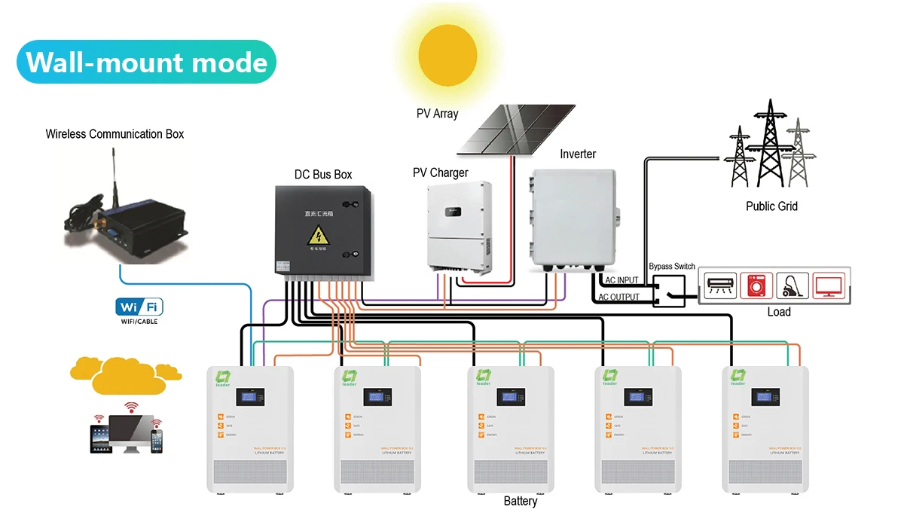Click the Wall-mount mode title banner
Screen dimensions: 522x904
click(x=146, y=62)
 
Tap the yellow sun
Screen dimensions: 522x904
click(x=447, y=53)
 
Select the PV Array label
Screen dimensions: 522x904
click(x=437, y=114)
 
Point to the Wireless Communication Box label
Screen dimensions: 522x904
click(x=115, y=134)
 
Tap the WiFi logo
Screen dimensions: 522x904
click(x=139, y=307)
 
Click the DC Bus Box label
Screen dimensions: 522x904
click(x=323, y=175)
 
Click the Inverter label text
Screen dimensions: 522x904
click(x=578, y=154)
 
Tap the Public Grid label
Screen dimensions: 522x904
click(x=771, y=206)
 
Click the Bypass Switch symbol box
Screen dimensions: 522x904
click(x=668, y=291)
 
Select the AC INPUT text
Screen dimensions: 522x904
click(x=621, y=281)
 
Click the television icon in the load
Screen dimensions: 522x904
click(x=828, y=285)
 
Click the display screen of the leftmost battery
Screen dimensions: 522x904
click(x=250, y=396)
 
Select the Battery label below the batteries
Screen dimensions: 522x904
click(x=521, y=501)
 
